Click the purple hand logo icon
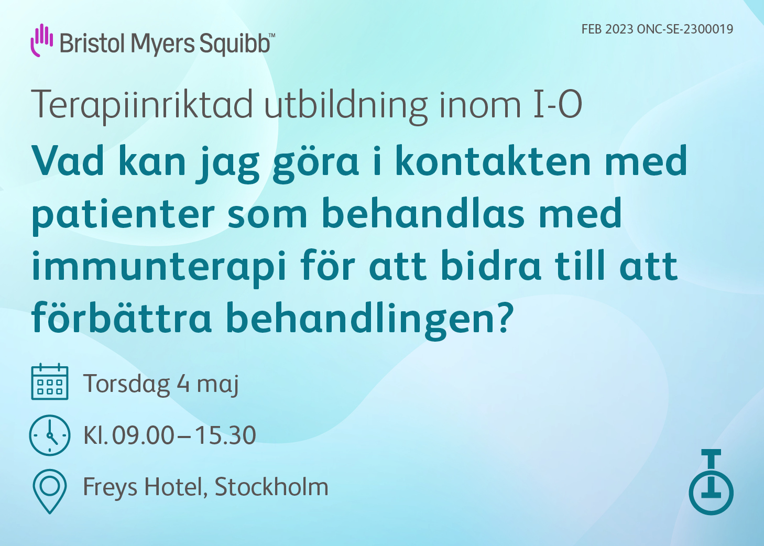(x=41, y=40)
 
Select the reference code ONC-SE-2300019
(x=685, y=29)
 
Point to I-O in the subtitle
(x=558, y=104)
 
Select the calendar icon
(x=50, y=381)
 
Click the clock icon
(x=50, y=435)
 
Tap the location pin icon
(x=50, y=492)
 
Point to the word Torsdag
(x=127, y=384)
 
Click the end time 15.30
(x=225, y=435)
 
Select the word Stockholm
(x=271, y=487)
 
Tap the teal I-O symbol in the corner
(x=711, y=482)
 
